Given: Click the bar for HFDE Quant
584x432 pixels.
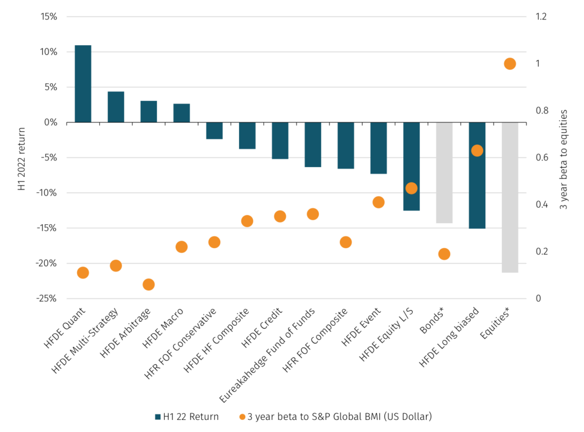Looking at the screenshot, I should coord(83,83).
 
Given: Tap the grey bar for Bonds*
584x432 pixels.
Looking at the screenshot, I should coord(444,172).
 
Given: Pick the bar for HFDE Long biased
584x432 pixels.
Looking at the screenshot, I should coord(477,175).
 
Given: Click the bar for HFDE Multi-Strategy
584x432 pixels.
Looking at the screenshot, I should coord(116,107).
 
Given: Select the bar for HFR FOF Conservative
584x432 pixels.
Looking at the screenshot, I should coord(214,131).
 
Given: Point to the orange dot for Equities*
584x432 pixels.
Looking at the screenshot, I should coord(510,64).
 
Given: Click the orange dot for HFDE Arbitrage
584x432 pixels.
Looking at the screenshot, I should coord(149,284).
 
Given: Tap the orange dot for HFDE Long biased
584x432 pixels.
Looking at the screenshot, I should coord(477,151).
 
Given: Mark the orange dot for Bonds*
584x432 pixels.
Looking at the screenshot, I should coord(444,254).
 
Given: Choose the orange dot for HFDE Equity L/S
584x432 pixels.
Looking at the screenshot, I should coord(411,188).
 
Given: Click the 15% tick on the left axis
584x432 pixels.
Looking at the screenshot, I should coord(49,17).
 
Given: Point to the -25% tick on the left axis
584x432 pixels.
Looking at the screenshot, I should coord(47,298).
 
